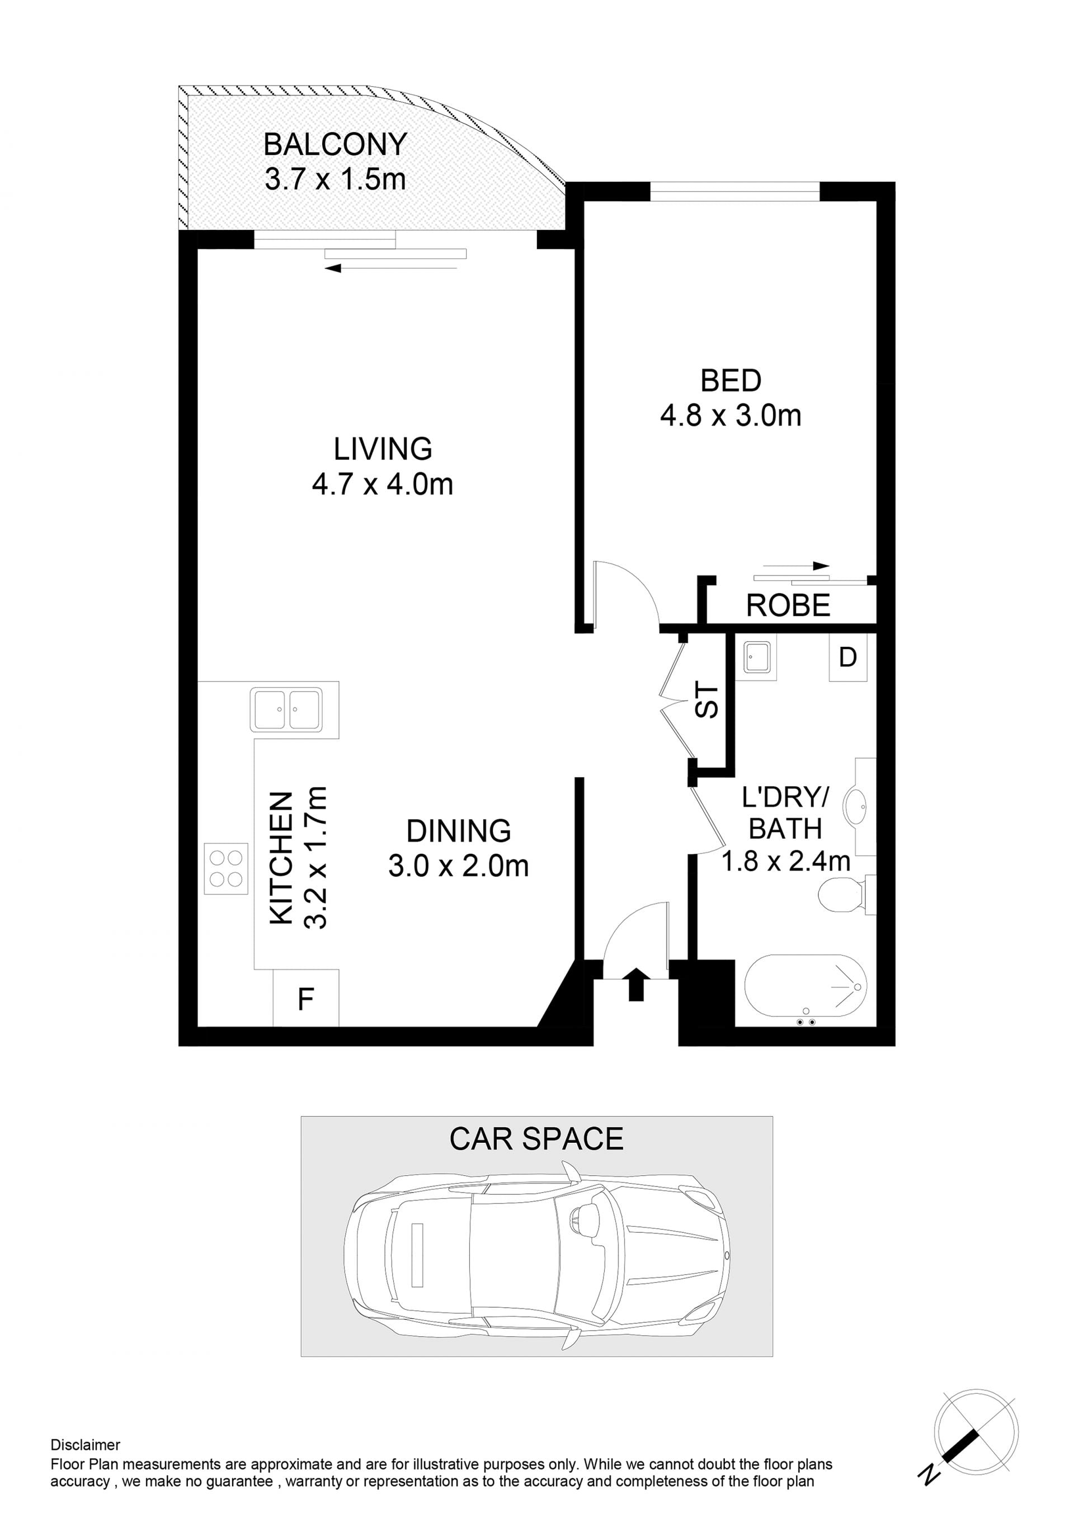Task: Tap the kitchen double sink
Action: (x=286, y=710)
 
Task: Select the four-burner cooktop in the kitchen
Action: (x=226, y=869)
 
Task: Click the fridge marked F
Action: (x=306, y=999)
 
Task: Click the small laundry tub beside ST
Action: (x=759, y=657)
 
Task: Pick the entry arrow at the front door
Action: (x=635, y=984)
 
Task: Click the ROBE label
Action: (x=788, y=606)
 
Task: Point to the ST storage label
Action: (x=707, y=701)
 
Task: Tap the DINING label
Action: (x=458, y=831)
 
